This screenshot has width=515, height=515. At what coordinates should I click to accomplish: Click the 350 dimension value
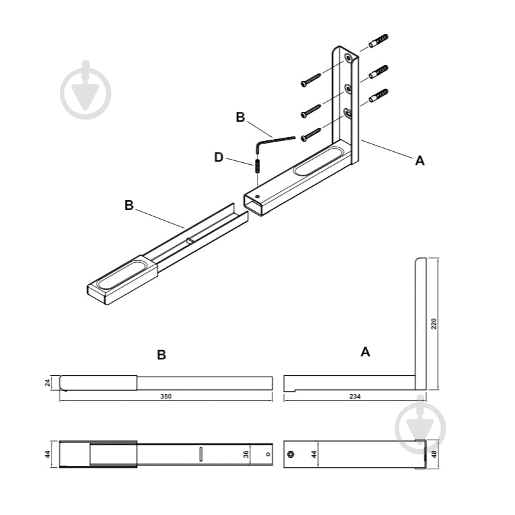pos(165,397)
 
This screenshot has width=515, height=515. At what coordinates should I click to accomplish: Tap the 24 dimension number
pos(48,382)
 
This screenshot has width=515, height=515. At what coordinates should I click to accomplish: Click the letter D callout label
pos(219,157)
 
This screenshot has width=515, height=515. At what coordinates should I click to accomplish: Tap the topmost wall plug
pos(379,41)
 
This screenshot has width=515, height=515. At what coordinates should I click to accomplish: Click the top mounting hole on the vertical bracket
pos(348,59)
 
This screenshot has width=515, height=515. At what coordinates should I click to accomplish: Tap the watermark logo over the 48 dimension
pos(420,426)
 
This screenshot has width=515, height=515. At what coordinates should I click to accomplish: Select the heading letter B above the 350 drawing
pos(162,355)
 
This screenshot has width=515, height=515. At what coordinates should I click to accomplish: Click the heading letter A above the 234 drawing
pos(365,351)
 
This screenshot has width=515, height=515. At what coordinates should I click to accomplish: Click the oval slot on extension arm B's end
pos(121,275)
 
